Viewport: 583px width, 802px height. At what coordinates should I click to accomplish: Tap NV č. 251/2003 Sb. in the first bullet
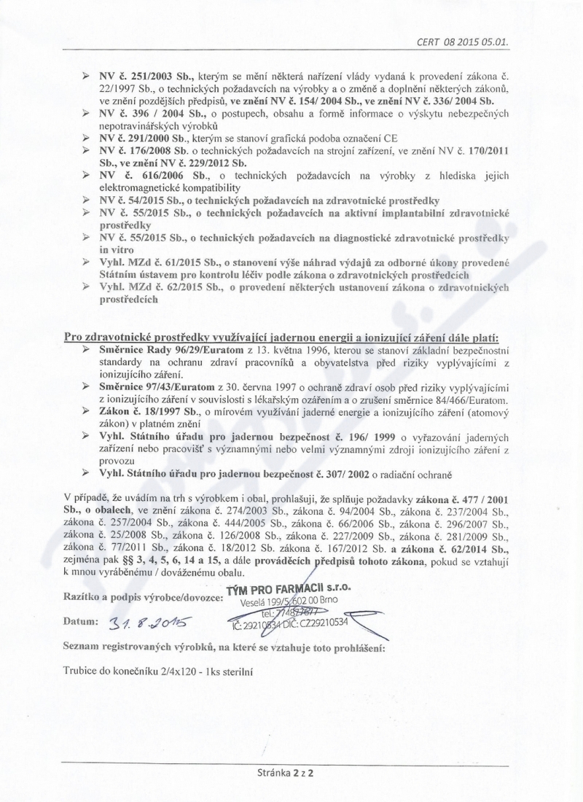(143, 76)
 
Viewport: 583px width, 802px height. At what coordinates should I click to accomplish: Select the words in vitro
(114, 249)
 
